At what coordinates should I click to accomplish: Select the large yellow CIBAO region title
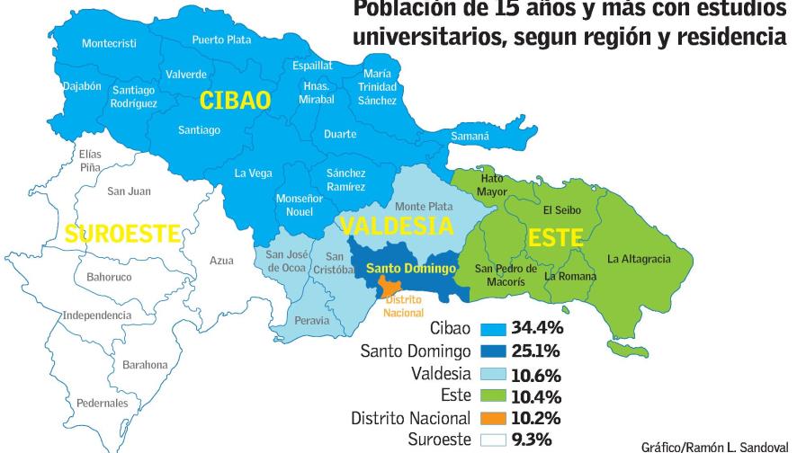[235, 100]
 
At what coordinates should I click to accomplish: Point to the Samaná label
[469, 137]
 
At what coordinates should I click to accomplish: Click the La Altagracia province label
[639, 259]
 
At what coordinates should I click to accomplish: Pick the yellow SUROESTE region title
[122, 234]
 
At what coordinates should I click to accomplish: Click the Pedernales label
[102, 404]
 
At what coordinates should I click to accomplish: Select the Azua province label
[221, 261]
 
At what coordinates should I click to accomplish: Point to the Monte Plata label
[423, 207]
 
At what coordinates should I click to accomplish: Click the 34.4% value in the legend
[536, 328]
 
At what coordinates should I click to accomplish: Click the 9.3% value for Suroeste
[532, 440]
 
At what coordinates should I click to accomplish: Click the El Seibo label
[562, 210]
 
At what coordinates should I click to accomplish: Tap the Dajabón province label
[82, 86]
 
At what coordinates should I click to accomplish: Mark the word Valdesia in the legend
[442, 374]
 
